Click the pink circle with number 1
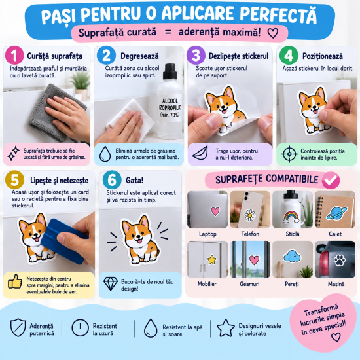[x=14, y=56]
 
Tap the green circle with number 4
[x=289, y=56]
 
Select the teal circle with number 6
[x=112, y=180]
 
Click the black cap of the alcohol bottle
[x=170, y=71]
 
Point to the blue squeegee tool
[x=64, y=240]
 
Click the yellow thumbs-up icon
[x=15, y=281]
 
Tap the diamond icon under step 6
[x=111, y=283]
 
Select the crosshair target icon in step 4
[x=289, y=154]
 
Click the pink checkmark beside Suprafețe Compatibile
[x=331, y=180]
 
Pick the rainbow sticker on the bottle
[x=291, y=217]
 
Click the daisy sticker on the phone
[x=249, y=215]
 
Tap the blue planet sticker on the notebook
[x=336, y=213]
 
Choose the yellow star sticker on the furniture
[x=211, y=260]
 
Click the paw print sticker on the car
[x=340, y=260]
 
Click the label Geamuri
[x=249, y=284]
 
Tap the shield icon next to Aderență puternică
[x=18, y=328]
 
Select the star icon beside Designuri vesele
[x=226, y=329]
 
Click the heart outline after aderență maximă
[x=273, y=33]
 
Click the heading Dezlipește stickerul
[x=238, y=56]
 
